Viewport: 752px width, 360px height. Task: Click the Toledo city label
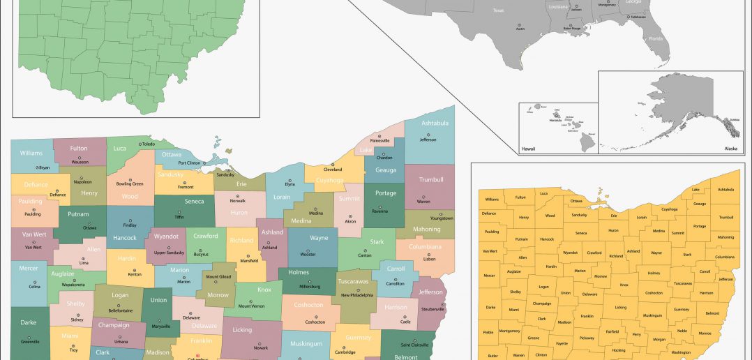149,144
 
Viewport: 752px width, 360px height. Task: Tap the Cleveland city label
333,170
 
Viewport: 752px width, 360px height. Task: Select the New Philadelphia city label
357,295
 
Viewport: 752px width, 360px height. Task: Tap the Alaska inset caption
730,149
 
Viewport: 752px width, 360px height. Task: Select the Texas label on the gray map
498,10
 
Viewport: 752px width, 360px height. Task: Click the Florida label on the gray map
656,38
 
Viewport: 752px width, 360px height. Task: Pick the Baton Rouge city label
571,28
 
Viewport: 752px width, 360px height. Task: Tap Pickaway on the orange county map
587,338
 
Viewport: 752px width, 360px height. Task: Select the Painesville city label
379,140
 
